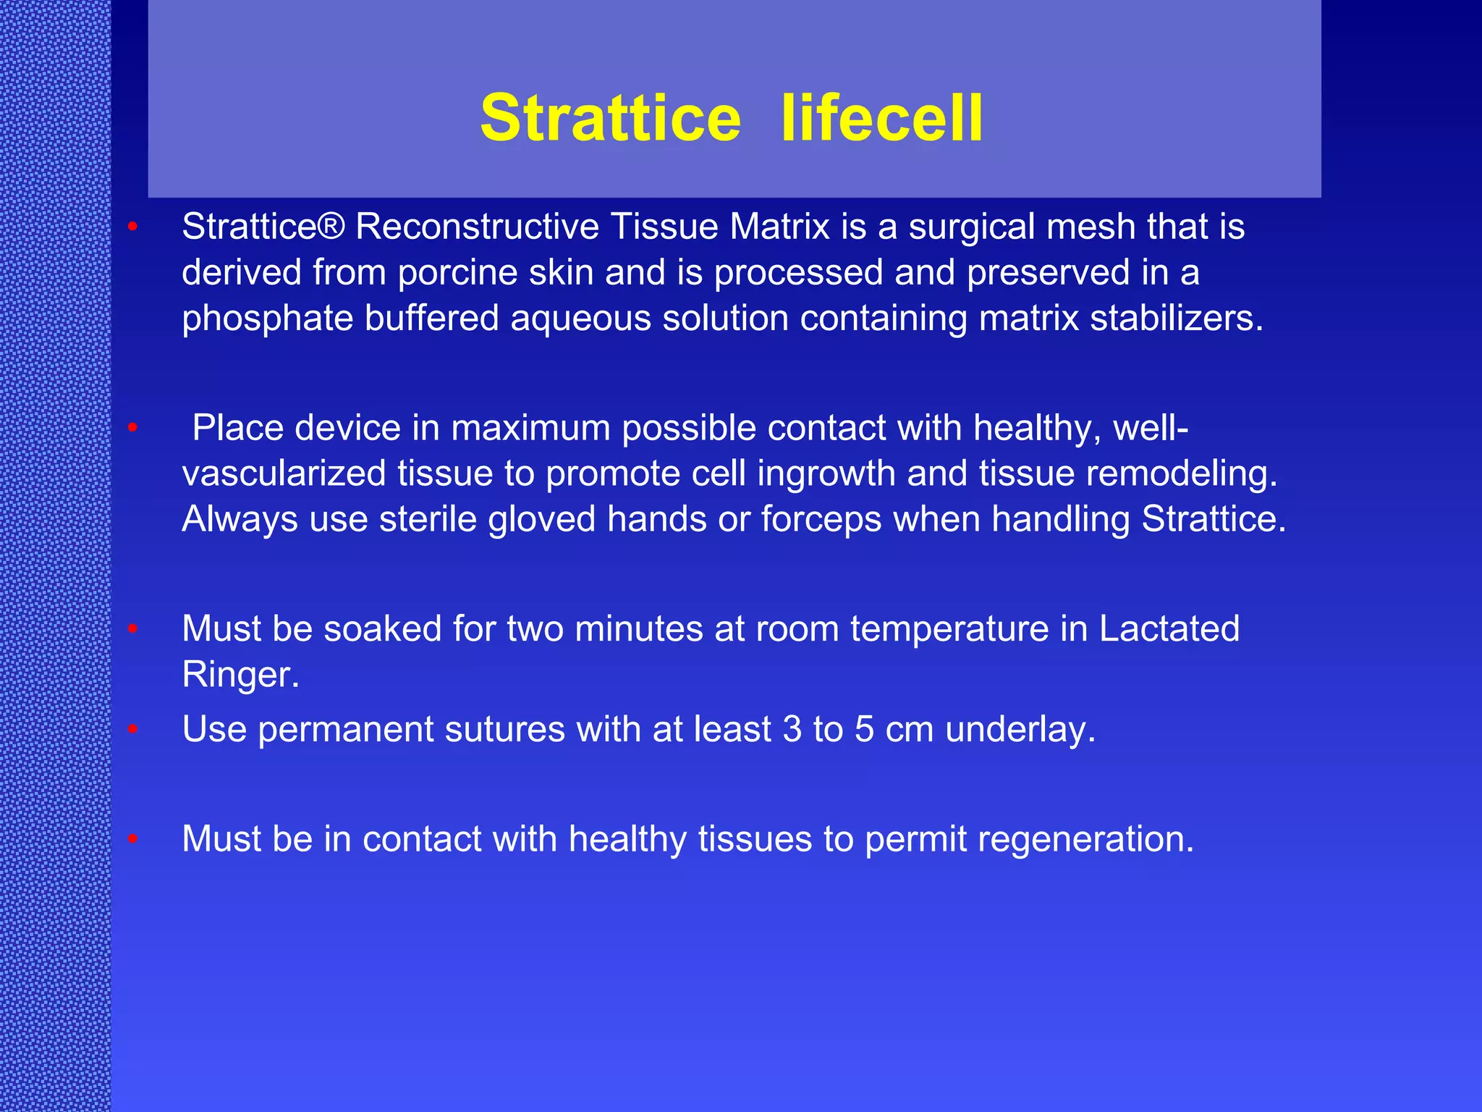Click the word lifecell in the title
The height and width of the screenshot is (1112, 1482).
click(882, 118)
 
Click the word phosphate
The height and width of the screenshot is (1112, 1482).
click(268, 319)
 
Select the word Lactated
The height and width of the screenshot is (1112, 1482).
click(1169, 628)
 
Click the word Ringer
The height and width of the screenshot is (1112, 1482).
click(240, 675)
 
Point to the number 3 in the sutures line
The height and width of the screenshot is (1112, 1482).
click(792, 729)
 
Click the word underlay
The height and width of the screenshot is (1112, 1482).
click(1020, 729)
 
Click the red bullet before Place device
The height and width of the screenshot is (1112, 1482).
click(132, 429)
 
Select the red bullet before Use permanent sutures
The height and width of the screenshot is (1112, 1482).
click(132, 730)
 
